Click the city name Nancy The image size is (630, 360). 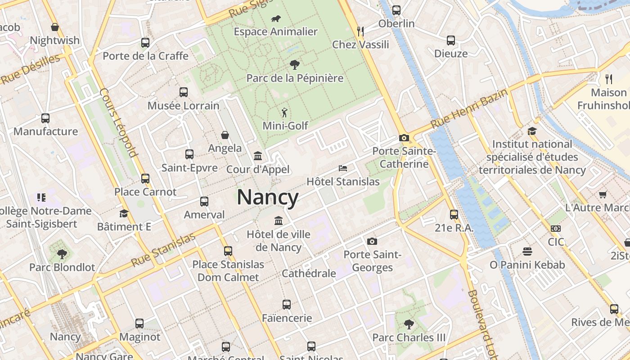click(x=267, y=198)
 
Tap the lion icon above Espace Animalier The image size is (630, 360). click(x=276, y=18)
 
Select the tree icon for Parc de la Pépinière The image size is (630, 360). click(x=295, y=65)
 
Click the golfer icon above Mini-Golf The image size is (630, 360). click(x=284, y=112)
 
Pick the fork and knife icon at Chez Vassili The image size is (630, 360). click(x=360, y=31)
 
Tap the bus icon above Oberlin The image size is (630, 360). click(x=396, y=10)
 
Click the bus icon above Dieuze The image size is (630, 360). click(x=451, y=40)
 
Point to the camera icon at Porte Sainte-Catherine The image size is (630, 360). click(x=404, y=138)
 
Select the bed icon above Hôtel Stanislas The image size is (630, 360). click(x=343, y=168)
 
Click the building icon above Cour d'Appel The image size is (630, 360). click(x=258, y=156)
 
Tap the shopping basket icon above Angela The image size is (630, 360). click(x=225, y=135)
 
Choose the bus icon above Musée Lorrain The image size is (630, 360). click(x=184, y=92)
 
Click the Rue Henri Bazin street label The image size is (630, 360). click(x=469, y=108)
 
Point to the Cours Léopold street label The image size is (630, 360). click(x=118, y=122)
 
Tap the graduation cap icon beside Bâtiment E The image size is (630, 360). click(x=124, y=213)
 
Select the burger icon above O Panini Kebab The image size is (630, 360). click(x=527, y=251)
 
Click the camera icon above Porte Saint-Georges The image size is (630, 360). click(x=372, y=241)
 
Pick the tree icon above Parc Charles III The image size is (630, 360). click(x=409, y=324)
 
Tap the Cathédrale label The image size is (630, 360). click(x=309, y=273)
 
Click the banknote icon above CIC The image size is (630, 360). click(x=556, y=229)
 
